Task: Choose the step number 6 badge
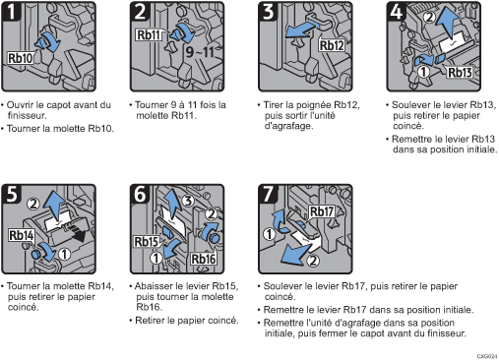[x=140, y=193]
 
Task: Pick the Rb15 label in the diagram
[x=149, y=241]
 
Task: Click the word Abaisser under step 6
[x=154, y=283]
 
